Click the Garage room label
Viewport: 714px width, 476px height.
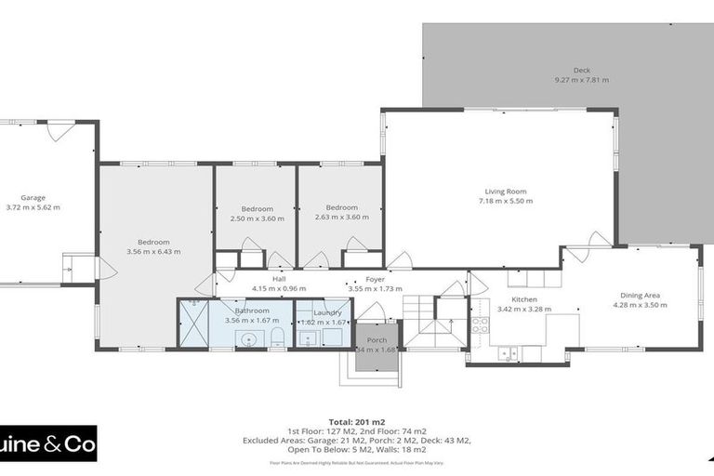click(x=33, y=197)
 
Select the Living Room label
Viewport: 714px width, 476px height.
click(x=503, y=192)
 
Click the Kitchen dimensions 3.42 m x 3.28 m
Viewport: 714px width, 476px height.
click(x=523, y=309)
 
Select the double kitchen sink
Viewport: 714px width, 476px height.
click(x=508, y=352)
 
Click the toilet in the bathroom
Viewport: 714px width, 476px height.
click(x=276, y=335)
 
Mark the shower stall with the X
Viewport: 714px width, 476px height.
click(x=192, y=323)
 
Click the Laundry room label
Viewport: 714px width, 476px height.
click(x=327, y=312)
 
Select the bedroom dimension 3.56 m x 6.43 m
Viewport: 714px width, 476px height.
click(x=153, y=251)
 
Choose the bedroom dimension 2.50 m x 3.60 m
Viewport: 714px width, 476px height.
click(x=258, y=218)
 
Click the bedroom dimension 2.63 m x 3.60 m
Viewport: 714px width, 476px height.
click(x=341, y=218)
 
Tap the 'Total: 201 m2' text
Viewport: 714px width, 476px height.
click(x=357, y=421)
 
